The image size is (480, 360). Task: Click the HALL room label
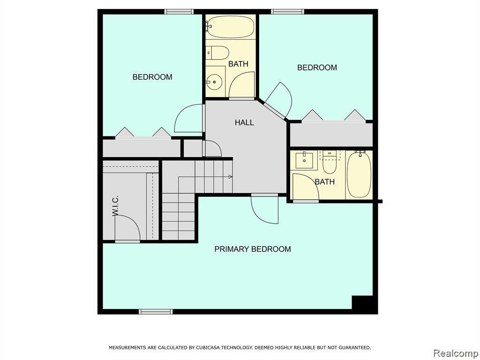[244, 122]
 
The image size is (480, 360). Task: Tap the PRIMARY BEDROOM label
[253, 249]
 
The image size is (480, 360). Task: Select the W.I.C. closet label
[116, 206]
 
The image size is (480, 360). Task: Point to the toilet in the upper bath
[217, 53]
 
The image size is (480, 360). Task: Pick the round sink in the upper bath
[214, 82]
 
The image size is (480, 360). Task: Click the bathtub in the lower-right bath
[359, 174]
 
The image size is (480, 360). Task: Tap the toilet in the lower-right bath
[330, 163]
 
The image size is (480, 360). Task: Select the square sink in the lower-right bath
[304, 160]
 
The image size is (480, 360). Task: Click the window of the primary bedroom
[156, 312]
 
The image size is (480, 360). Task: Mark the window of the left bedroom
[179, 12]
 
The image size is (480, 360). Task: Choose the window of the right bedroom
[287, 12]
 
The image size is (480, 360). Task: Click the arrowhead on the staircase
[230, 177]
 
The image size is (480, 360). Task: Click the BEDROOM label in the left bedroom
[152, 77]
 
